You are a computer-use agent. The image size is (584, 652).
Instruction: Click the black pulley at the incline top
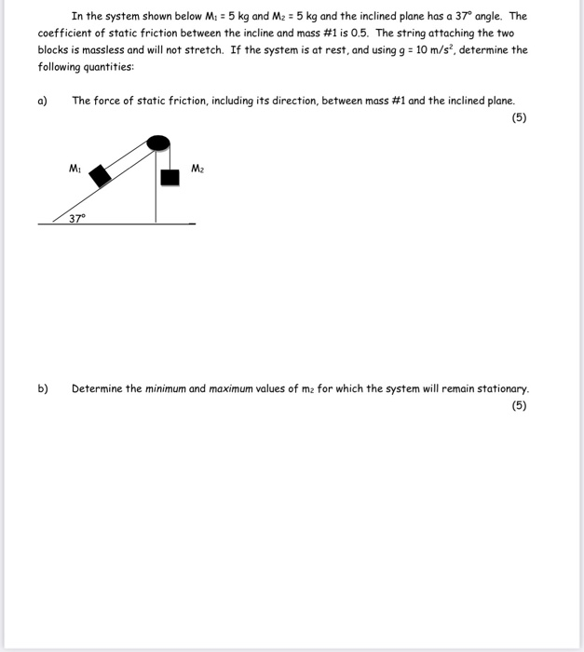point(160,143)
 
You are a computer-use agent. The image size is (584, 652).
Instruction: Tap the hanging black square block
point(169,177)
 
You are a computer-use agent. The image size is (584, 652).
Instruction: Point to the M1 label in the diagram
point(75,169)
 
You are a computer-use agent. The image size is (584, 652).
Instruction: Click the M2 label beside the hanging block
point(197,169)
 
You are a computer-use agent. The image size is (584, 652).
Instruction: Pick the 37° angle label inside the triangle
point(76,218)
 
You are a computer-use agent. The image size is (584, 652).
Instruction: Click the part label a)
point(43,101)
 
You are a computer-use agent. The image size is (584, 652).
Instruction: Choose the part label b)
point(43,388)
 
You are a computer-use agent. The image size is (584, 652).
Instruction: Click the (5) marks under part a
point(520,117)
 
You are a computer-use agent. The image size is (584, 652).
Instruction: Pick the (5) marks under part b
point(520,405)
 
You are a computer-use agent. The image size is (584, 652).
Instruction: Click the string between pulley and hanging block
point(168,159)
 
